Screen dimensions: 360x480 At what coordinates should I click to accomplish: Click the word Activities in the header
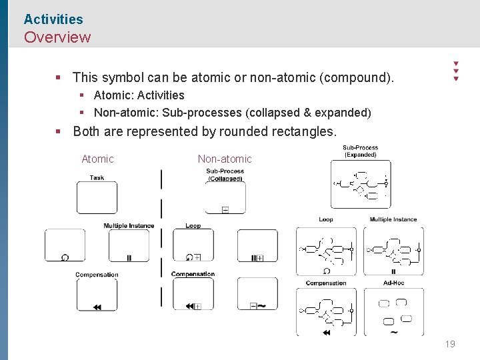click(x=53, y=19)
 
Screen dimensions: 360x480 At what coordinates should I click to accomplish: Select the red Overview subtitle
click(x=57, y=37)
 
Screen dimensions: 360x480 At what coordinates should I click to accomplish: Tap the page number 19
click(x=450, y=344)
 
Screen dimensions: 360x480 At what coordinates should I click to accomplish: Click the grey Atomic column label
click(x=97, y=159)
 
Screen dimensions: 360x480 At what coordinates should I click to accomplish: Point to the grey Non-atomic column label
click(x=225, y=159)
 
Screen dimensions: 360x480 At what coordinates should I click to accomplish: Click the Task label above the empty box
click(x=97, y=177)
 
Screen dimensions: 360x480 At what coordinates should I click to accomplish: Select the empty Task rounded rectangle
click(x=97, y=197)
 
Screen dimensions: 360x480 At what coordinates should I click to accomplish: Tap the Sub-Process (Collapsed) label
click(x=225, y=175)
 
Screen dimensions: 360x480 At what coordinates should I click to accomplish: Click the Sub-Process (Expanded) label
click(x=360, y=151)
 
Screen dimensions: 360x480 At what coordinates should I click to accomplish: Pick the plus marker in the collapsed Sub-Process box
click(x=225, y=210)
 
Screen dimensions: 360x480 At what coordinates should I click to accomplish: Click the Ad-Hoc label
click(x=393, y=283)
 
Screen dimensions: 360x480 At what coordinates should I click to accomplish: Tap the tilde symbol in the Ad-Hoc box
click(x=393, y=332)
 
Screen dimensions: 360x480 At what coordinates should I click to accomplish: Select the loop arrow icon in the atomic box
click(x=65, y=257)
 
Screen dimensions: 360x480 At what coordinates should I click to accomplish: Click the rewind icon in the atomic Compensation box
click(x=97, y=307)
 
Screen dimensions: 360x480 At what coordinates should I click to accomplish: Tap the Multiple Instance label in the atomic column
click(x=129, y=226)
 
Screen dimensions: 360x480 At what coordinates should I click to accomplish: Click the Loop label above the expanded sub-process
click(x=326, y=219)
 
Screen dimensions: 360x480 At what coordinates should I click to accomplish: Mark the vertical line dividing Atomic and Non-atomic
click(x=161, y=240)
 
